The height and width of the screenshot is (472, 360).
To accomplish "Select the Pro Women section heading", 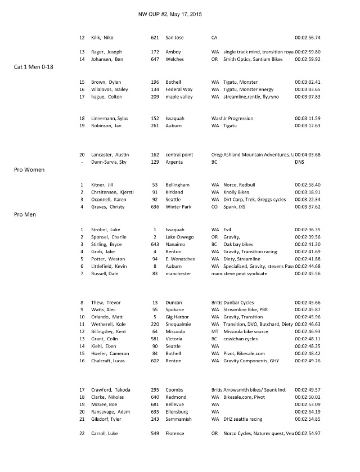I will coord(29,169).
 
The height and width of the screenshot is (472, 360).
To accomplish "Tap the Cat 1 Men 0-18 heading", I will coord(38,66).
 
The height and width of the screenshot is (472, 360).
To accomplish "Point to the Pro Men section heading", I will coord(26,214).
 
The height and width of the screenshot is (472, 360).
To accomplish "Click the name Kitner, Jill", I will coord(102,185).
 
